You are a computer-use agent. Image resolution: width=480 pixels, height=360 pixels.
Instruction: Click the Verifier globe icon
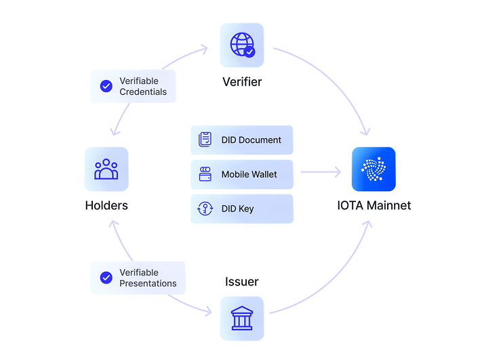(x=241, y=45)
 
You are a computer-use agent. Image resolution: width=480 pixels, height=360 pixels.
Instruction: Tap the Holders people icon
(x=106, y=169)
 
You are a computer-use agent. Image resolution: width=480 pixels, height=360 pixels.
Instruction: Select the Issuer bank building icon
(x=241, y=318)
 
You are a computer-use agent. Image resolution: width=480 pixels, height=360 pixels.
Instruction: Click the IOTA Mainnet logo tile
(x=374, y=169)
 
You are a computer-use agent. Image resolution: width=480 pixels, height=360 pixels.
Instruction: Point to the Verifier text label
(x=242, y=82)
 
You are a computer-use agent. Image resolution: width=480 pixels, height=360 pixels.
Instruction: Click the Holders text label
(x=106, y=205)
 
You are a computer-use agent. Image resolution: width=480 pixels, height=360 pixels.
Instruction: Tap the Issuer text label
(x=242, y=281)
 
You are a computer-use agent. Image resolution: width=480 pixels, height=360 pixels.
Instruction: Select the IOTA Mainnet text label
(x=374, y=205)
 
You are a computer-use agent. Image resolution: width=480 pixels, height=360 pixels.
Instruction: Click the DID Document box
(x=242, y=140)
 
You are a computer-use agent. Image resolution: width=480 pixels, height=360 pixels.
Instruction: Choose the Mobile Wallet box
(x=242, y=174)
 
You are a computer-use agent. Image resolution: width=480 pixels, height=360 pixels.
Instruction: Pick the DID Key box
(x=242, y=209)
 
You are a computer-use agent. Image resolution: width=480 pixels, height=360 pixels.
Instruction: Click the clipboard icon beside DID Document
(x=205, y=140)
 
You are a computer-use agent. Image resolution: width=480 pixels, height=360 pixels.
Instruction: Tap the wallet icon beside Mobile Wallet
(x=205, y=174)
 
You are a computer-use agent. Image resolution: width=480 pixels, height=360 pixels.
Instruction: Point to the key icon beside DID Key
(x=205, y=209)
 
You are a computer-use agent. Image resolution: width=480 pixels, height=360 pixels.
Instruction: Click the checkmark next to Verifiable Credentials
(x=106, y=86)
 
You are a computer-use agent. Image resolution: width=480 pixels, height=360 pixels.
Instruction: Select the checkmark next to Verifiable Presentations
(x=106, y=277)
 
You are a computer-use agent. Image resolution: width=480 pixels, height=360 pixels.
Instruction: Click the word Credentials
(x=142, y=92)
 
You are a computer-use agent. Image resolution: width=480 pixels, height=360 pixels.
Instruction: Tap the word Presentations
(x=148, y=283)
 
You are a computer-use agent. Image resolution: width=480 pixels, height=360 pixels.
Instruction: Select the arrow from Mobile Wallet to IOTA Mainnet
(x=321, y=173)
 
